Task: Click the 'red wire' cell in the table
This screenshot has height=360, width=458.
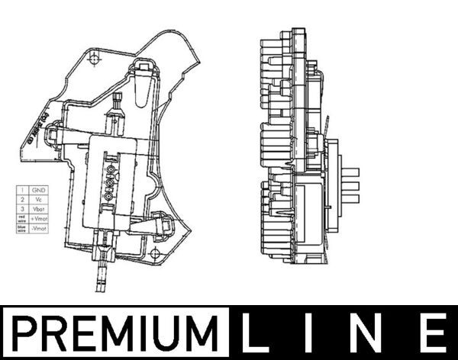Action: point(23,218)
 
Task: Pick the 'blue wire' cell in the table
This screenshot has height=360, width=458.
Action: point(23,228)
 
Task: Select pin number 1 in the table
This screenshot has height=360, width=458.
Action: point(23,188)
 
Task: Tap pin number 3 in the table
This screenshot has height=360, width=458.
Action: point(23,208)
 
